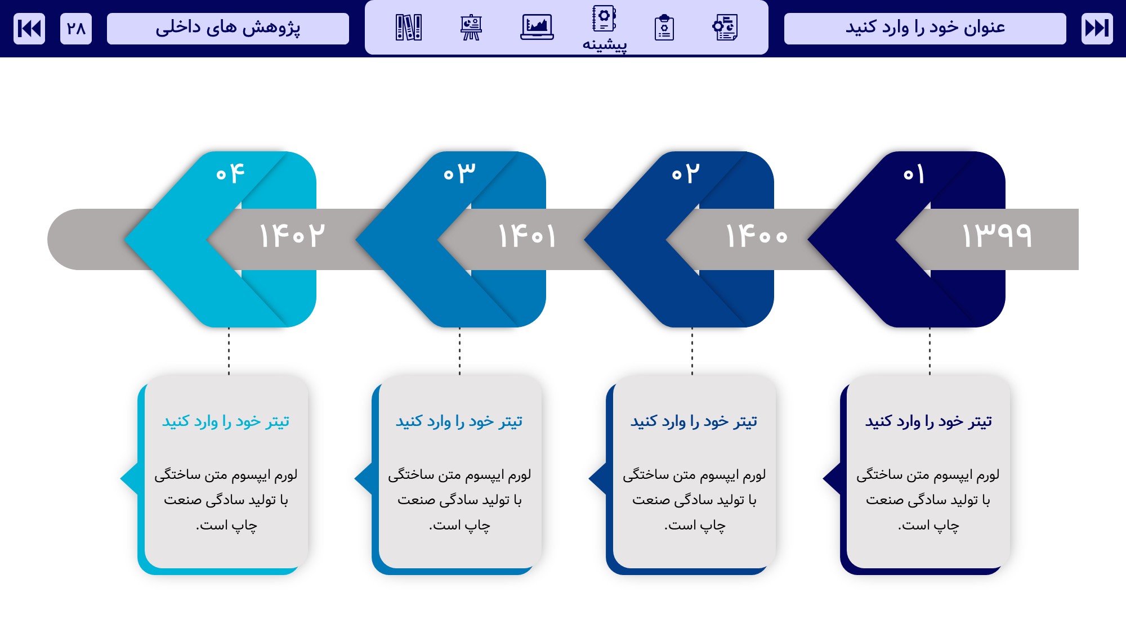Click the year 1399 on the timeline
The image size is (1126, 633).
997,235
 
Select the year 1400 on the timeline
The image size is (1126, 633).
757,235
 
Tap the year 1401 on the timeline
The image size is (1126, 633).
527,235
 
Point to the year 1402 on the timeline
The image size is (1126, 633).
292,235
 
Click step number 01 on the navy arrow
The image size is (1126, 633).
914,174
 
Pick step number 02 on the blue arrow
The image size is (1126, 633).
685,173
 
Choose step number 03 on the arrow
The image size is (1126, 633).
459,173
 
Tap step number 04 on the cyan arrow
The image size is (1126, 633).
230,173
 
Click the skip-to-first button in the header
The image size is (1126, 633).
29,28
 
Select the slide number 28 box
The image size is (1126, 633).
76,28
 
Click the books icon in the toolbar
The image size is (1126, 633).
409,27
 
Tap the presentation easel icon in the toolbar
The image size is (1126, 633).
471,27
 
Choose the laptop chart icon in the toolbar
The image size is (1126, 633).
537,27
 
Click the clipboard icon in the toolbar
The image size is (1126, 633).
664,28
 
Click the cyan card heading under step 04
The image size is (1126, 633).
226,421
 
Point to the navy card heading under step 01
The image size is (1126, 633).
928,421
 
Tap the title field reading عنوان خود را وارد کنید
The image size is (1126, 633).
925,28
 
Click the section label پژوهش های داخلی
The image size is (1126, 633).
228,28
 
